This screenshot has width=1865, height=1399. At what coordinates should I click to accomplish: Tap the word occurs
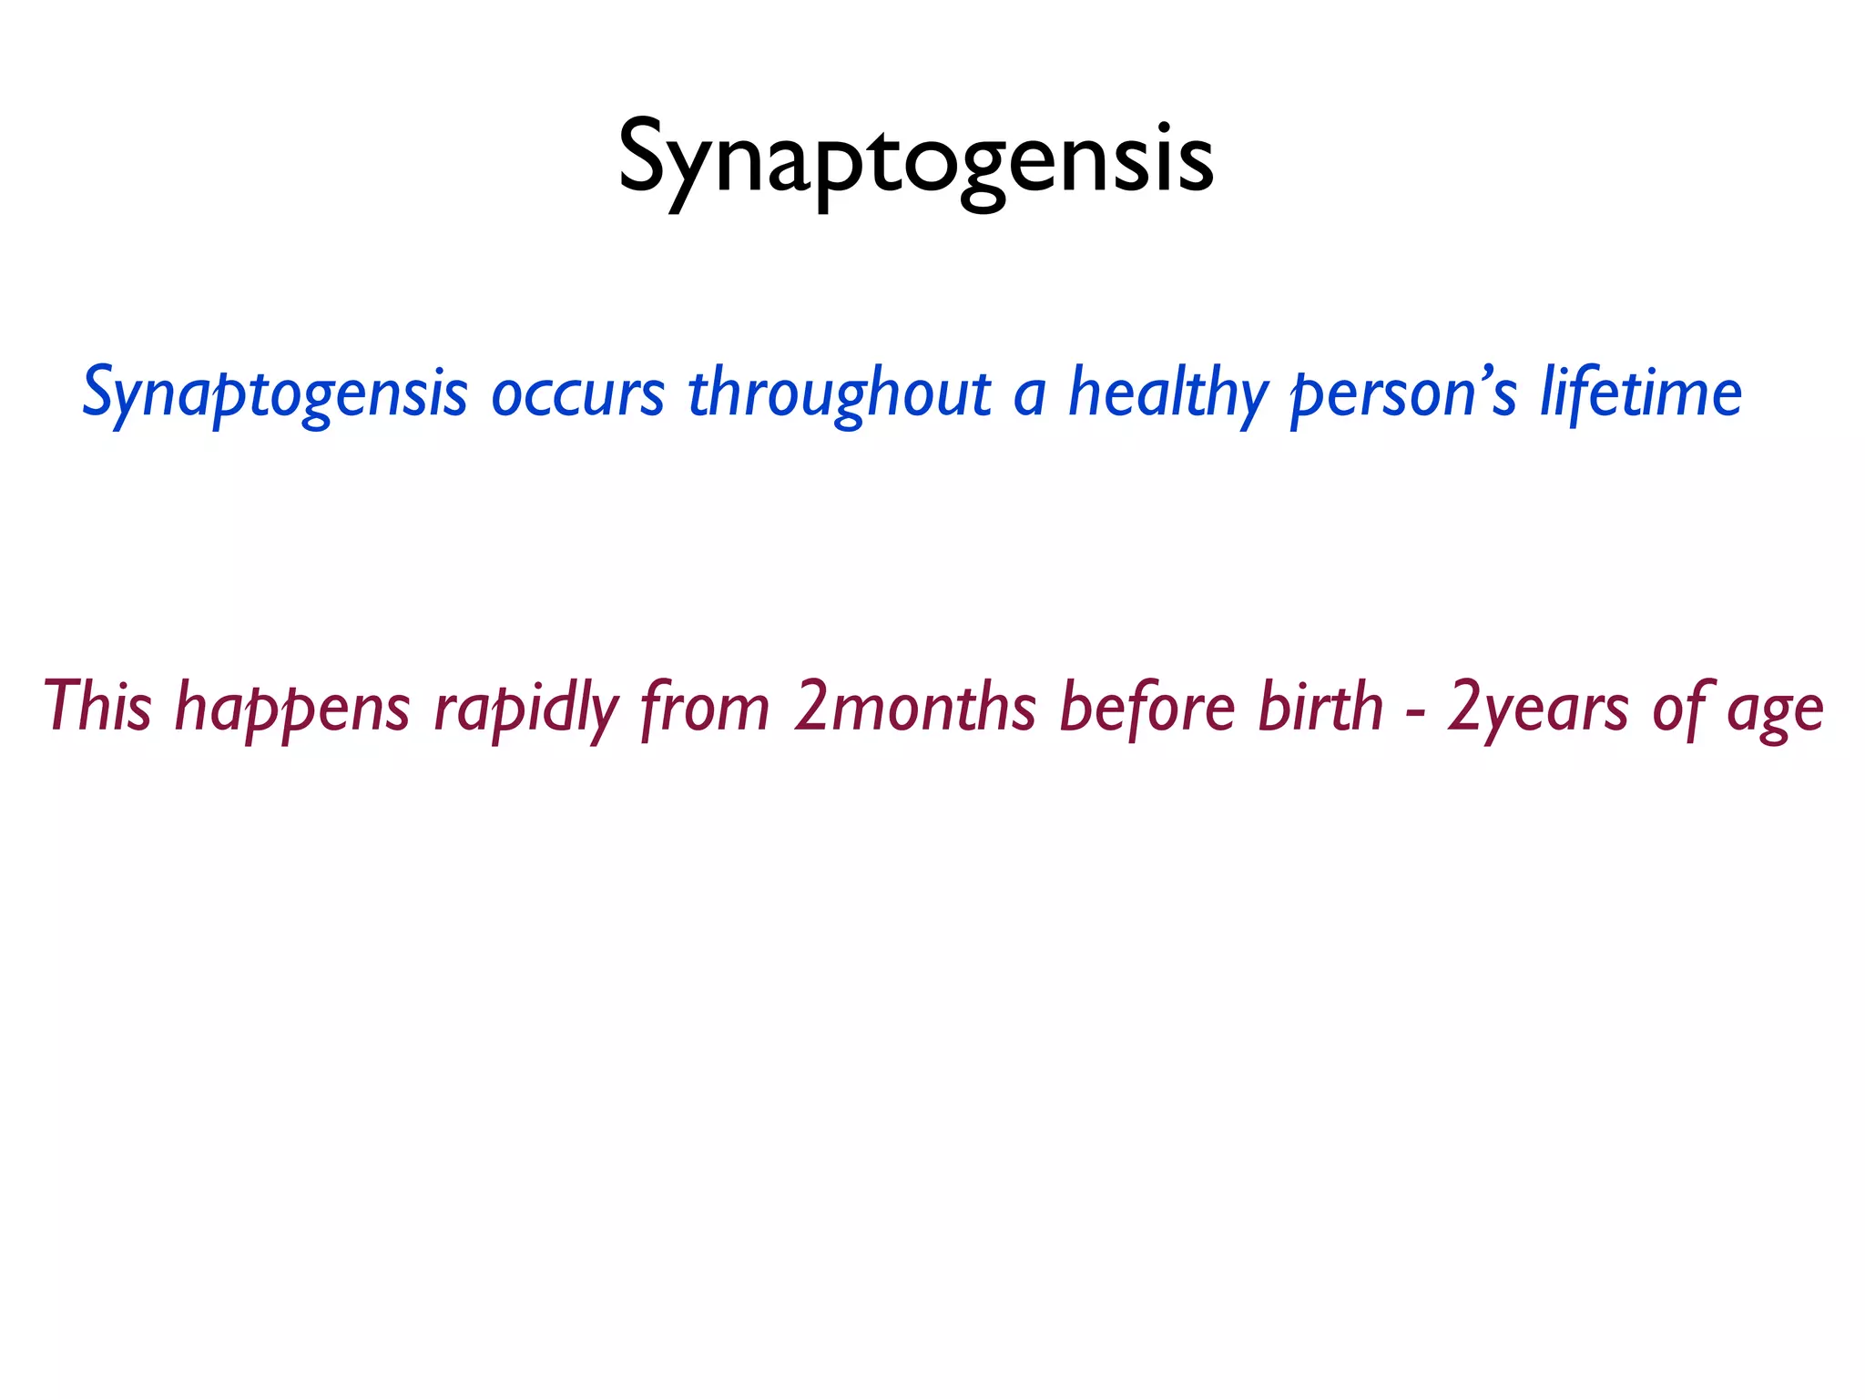pos(577,394)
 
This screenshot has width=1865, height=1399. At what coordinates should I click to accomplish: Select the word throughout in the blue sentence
pos(839,394)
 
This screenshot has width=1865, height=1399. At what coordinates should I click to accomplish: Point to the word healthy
pos(1167,394)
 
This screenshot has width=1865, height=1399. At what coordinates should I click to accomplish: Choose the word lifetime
pos(1641,393)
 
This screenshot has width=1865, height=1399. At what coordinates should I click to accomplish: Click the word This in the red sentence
pos(97,708)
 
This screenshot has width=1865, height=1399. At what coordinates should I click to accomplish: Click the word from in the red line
pos(705,708)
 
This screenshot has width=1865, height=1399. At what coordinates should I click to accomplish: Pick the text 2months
pos(914,708)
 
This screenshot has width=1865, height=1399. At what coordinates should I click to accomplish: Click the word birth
pos(1320,708)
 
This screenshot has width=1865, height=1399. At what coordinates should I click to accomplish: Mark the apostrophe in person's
pos(1488,373)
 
